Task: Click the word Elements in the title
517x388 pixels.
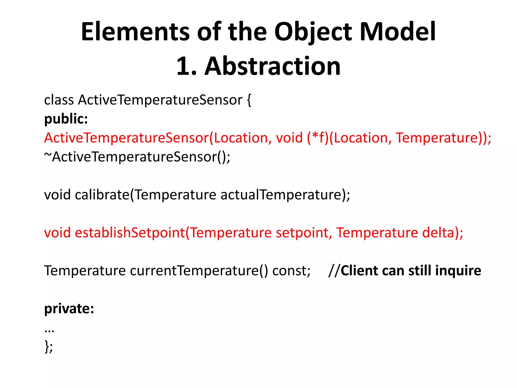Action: pos(135,32)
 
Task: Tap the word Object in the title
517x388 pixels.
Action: pos(313,32)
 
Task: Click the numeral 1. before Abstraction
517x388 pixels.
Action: pos(186,66)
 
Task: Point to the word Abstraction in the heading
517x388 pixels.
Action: pos(273,66)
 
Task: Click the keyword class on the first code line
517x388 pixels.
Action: pos(59,100)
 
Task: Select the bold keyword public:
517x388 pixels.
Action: pos(66,119)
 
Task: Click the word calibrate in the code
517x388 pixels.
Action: pos(102,195)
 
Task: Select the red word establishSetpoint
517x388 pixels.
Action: pos(130,233)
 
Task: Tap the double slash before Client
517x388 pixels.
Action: pos(334,271)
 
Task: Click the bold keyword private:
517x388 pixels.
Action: pos(69,309)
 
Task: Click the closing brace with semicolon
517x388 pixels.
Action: pos(48,347)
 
